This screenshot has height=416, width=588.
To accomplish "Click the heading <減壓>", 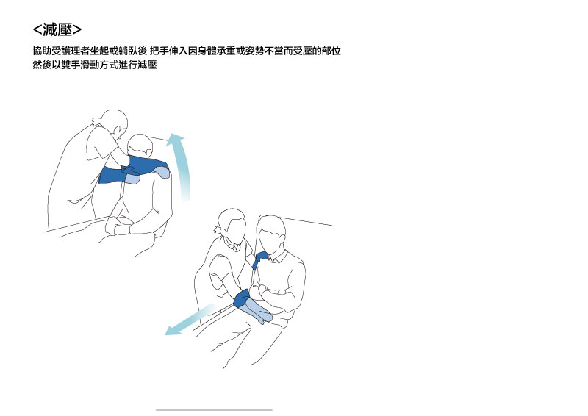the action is tap(57, 29).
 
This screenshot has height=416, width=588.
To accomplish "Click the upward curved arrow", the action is tap(183, 165).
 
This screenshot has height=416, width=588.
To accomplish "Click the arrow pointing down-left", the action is tap(190, 320).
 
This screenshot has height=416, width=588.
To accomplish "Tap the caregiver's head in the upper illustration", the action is tap(115, 122).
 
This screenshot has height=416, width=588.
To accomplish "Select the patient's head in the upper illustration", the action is tap(140, 146).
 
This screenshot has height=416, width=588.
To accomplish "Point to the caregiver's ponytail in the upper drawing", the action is tap(96, 121).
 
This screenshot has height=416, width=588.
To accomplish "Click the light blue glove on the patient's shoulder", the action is tap(162, 172).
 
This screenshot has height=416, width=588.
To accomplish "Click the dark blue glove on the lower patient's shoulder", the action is tap(259, 259).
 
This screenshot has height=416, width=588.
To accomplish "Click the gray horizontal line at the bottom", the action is tap(214, 410).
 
